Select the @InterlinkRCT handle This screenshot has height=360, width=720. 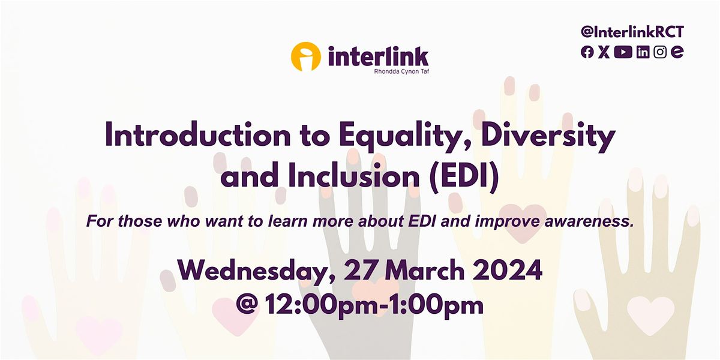click(x=632, y=33)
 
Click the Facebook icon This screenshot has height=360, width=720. click(x=587, y=52)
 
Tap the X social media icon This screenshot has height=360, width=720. click(x=604, y=52)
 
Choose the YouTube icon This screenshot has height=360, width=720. click(x=623, y=52)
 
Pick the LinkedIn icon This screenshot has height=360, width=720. click(x=643, y=52)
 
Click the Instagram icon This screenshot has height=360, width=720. click(x=660, y=52)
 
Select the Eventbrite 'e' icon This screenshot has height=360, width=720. click(x=677, y=52)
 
